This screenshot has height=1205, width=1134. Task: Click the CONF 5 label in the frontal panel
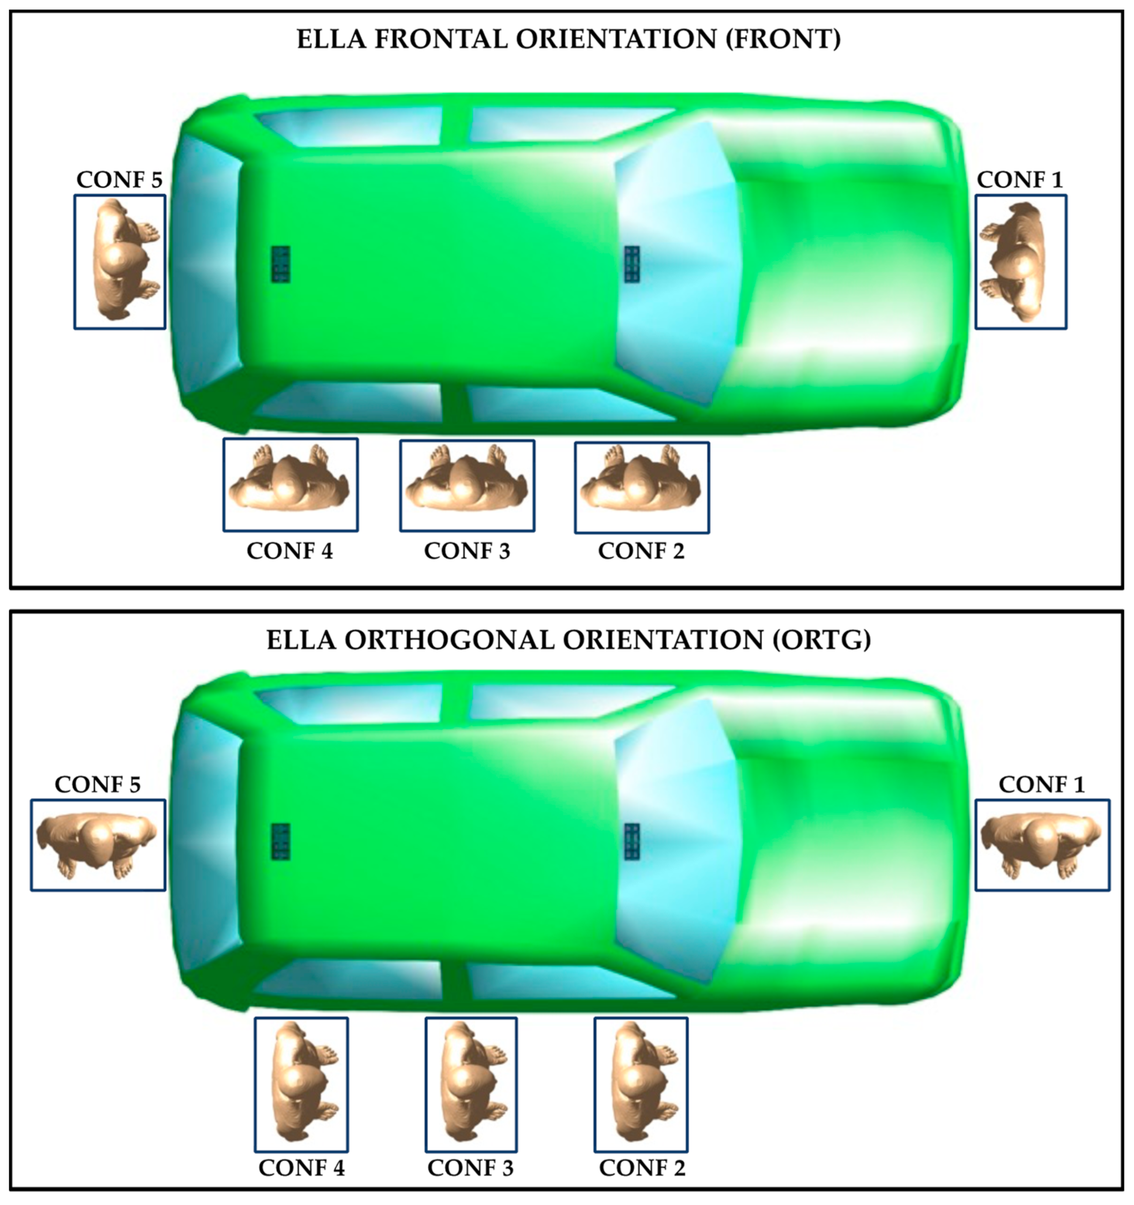(x=120, y=180)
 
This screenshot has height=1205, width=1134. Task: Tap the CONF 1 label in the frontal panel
(x=1020, y=180)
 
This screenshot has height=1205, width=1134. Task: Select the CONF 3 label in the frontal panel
(x=467, y=551)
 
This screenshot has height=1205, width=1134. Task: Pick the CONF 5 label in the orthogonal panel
(x=98, y=784)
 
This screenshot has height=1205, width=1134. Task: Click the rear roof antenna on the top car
(x=280, y=264)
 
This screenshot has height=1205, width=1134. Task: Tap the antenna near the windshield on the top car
(x=632, y=264)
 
